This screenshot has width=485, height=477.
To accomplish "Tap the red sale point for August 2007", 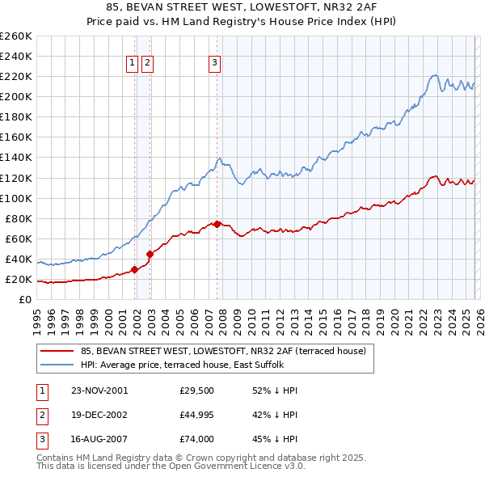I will (x=217, y=224).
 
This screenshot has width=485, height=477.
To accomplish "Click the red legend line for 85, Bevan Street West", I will (x=57, y=351).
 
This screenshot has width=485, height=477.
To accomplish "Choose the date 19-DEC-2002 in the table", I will (x=99, y=415).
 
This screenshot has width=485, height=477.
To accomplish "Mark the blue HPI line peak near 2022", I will (x=434, y=75).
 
